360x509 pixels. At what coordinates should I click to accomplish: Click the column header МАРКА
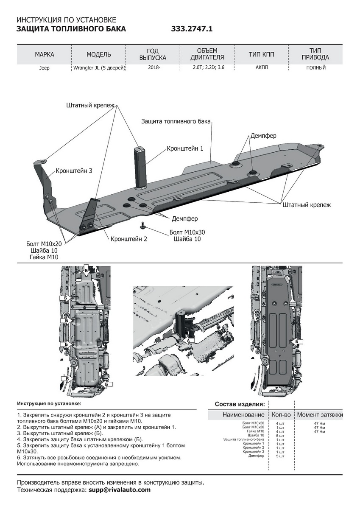pos(45,55)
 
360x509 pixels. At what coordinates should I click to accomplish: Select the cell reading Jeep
pos(45,68)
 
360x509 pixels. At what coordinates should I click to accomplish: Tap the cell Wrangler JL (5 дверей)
pos(99,68)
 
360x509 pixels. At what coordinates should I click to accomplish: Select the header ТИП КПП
pos(261,55)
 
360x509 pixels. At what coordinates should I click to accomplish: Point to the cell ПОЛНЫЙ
pos(316,67)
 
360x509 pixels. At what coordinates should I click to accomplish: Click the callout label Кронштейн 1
pos(185,148)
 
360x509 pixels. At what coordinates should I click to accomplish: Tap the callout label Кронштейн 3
pos(73,171)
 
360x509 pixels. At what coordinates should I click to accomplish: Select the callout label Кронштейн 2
pos(129,239)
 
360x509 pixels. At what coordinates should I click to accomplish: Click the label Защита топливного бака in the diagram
pos(176,121)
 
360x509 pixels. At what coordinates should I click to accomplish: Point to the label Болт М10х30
pos(187,232)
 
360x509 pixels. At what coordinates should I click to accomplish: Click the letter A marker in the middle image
pos(187,340)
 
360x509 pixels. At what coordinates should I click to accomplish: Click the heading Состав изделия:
pos(240,404)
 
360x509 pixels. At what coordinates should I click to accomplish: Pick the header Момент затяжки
pos(320,414)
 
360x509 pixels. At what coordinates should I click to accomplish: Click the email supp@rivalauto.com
pos(119,489)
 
